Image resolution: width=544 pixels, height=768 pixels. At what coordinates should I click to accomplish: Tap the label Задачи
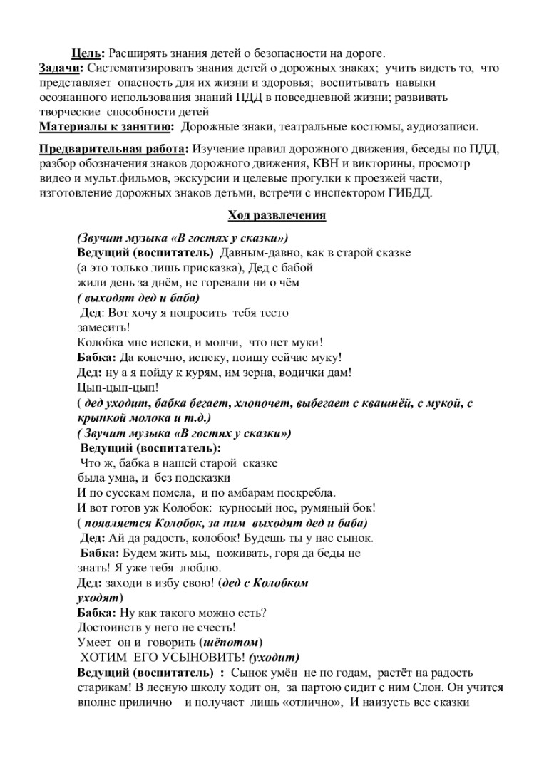point(61,68)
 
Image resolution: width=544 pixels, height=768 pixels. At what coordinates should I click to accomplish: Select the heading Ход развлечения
point(277,215)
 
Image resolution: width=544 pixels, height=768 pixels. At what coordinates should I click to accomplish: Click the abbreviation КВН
point(327,162)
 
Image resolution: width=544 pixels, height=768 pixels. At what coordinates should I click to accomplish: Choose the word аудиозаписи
point(442,127)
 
